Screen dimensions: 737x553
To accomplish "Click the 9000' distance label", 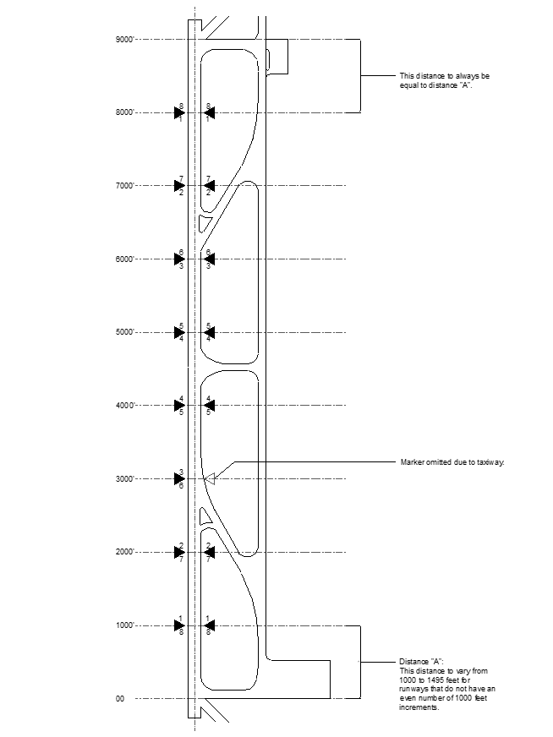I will click(124, 40).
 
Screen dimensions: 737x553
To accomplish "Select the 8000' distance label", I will click(124, 112).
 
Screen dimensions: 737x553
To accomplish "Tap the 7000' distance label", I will click(124, 186).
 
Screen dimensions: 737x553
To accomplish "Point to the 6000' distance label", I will click(124, 259).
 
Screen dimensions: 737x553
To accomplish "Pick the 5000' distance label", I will click(124, 333).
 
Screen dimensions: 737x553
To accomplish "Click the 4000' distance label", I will click(124, 406).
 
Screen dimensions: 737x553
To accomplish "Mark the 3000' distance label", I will click(124, 479).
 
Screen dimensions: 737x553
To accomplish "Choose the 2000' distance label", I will click(124, 553).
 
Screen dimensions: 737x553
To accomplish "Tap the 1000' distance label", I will click(124, 626).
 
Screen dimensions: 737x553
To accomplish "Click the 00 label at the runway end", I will click(120, 699).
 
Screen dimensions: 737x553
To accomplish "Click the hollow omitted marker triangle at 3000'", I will click(211, 479).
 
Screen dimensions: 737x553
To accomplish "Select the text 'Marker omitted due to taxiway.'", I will click(452, 463).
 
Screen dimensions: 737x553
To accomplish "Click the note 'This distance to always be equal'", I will click(444, 81).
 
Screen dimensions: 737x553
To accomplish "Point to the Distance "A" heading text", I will click(421, 661).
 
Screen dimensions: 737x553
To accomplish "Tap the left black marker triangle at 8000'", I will click(179, 112).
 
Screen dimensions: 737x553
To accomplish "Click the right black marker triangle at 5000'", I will click(210, 333).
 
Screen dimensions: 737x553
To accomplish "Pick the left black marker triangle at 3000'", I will click(179, 479).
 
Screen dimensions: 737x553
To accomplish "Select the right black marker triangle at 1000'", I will click(210, 626).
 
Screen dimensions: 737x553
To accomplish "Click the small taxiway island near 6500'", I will click(204, 223).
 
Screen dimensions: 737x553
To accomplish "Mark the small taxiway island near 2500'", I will click(204, 516).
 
